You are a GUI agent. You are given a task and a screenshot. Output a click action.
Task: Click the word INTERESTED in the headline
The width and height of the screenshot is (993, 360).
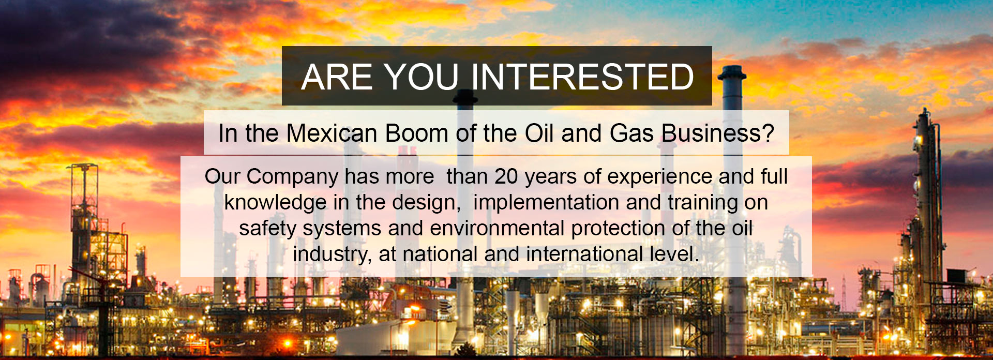(x=582, y=77)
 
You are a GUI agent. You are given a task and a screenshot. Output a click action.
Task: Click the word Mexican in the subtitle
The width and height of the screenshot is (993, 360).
(x=332, y=133)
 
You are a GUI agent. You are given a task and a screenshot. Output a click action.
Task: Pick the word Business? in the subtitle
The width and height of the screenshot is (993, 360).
(x=718, y=133)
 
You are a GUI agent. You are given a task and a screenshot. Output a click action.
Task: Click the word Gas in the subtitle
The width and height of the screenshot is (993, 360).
(x=631, y=133)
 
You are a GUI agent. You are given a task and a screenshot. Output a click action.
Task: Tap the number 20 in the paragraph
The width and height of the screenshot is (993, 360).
(x=506, y=176)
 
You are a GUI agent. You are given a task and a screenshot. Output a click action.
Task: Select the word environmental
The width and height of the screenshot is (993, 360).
(x=497, y=228)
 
